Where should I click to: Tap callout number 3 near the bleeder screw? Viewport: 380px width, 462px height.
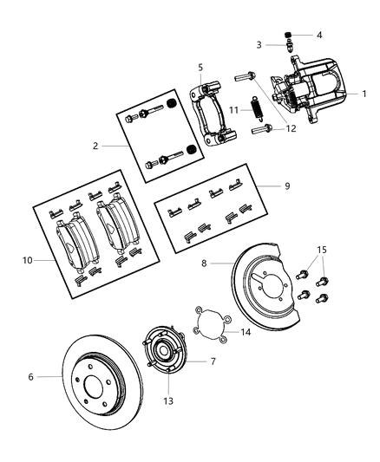pyautogui.click(x=259, y=45)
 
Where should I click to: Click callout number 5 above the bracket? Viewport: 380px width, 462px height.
pyautogui.click(x=200, y=67)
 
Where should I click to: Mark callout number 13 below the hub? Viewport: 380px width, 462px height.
pyautogui.click(x=168, y=400)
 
